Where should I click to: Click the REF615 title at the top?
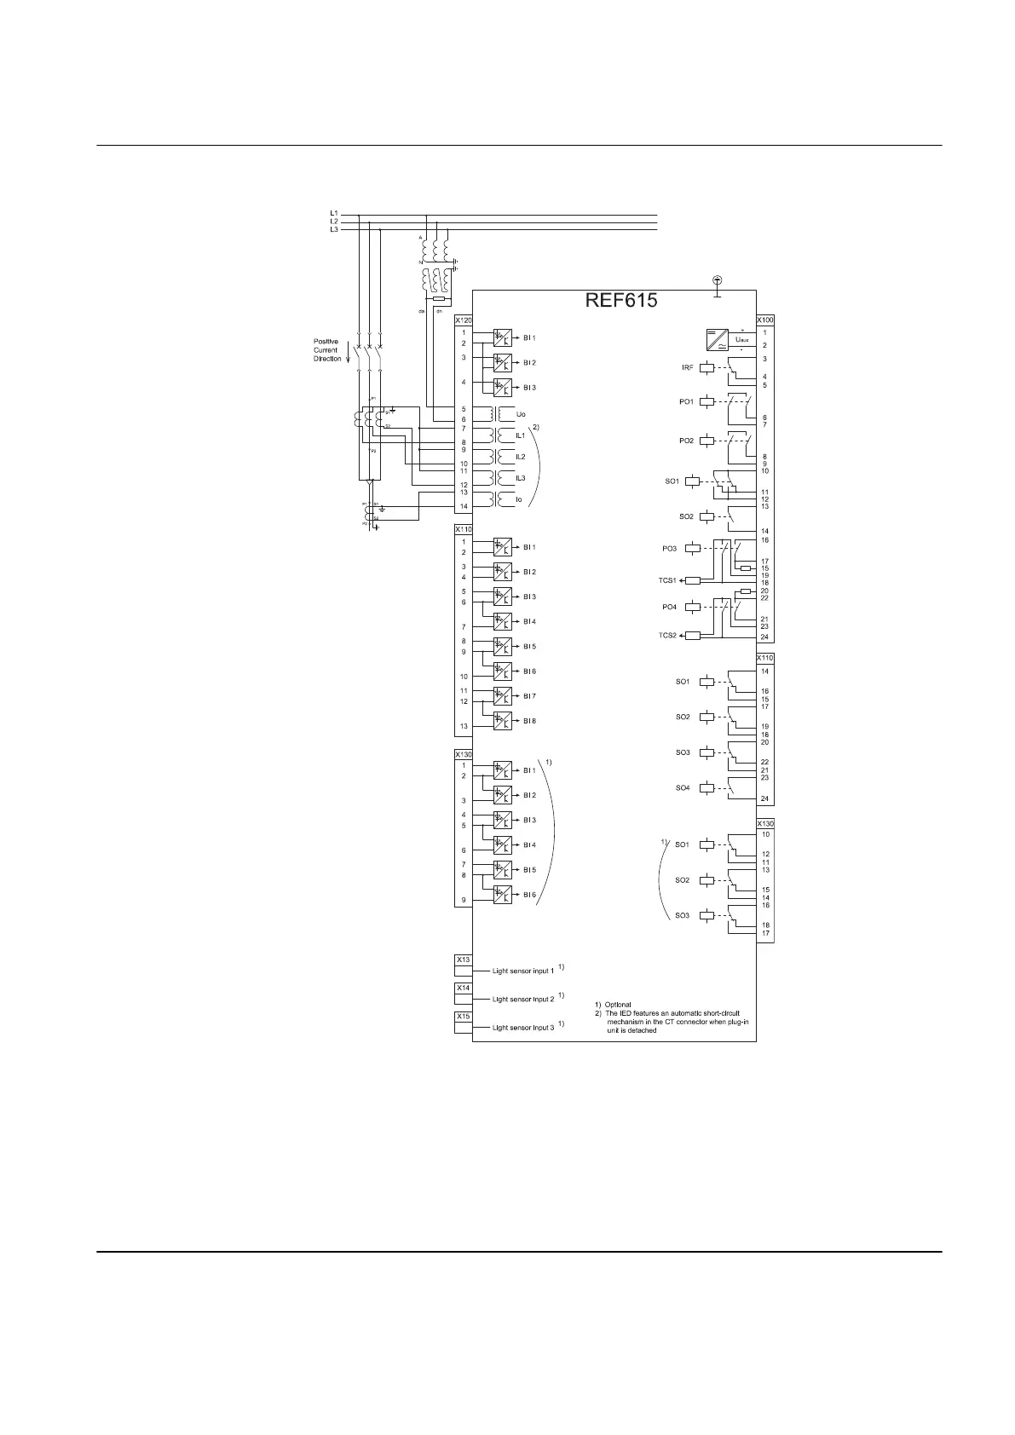point(620,301)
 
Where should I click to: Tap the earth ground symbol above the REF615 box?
point(717,281)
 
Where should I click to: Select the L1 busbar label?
point(334,212)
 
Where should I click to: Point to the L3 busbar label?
point(334,229)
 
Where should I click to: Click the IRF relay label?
point(687,367)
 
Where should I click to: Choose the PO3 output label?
point(669,549)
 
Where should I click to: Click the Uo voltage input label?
point(521,414)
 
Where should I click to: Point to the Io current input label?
point(519,499)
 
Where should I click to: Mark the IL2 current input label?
point(521,457)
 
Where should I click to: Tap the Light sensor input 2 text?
point(522,999)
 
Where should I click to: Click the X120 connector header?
point(463,320)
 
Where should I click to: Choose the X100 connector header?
point(764,320)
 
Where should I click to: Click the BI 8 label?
point(529,721)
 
